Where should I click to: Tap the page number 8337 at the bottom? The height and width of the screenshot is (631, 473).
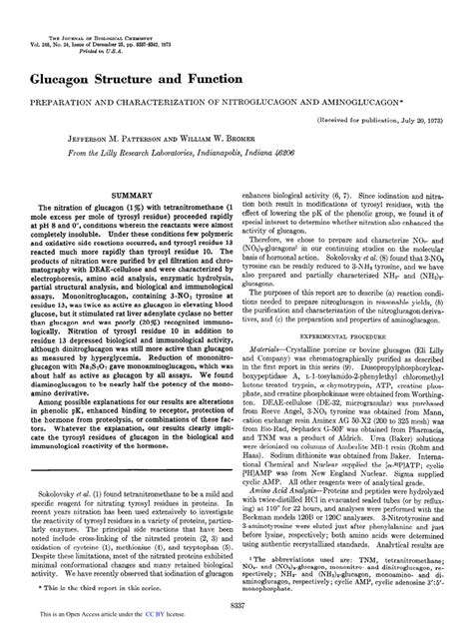236,606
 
